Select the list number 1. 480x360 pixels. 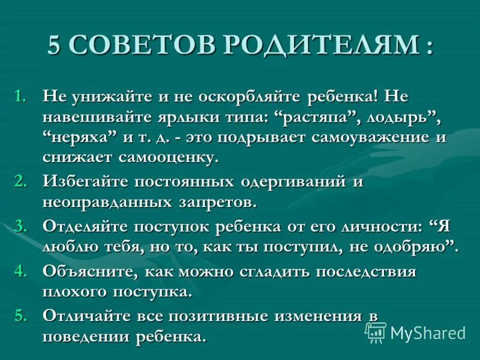pos(21,96)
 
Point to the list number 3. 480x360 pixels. pos(21,226)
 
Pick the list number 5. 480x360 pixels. pos(21,315)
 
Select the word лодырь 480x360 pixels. pos(391,116)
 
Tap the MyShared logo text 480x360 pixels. pos(427,332)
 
